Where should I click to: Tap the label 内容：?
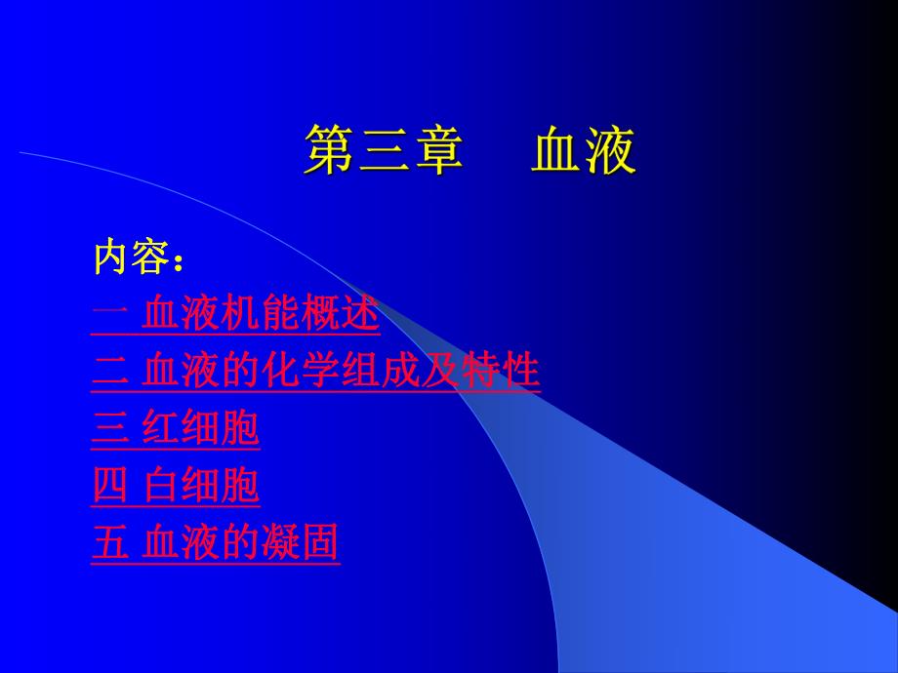pos(138,258)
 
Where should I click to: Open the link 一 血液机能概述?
pos(236,314)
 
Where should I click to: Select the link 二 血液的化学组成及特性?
pos(315,372)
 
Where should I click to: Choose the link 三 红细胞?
pos(176,429)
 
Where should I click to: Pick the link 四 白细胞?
pos(176,486)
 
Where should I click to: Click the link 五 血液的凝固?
pos(216,542)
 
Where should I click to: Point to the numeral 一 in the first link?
pos(108,314)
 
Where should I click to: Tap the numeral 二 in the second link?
pos(108,372)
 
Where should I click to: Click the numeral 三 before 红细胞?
pos(108,429)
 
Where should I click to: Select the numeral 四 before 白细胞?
pos(108,486)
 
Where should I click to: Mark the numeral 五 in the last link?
pos(108,542)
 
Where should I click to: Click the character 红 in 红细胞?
pos(161,429)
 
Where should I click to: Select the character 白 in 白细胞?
pos(161,486)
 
